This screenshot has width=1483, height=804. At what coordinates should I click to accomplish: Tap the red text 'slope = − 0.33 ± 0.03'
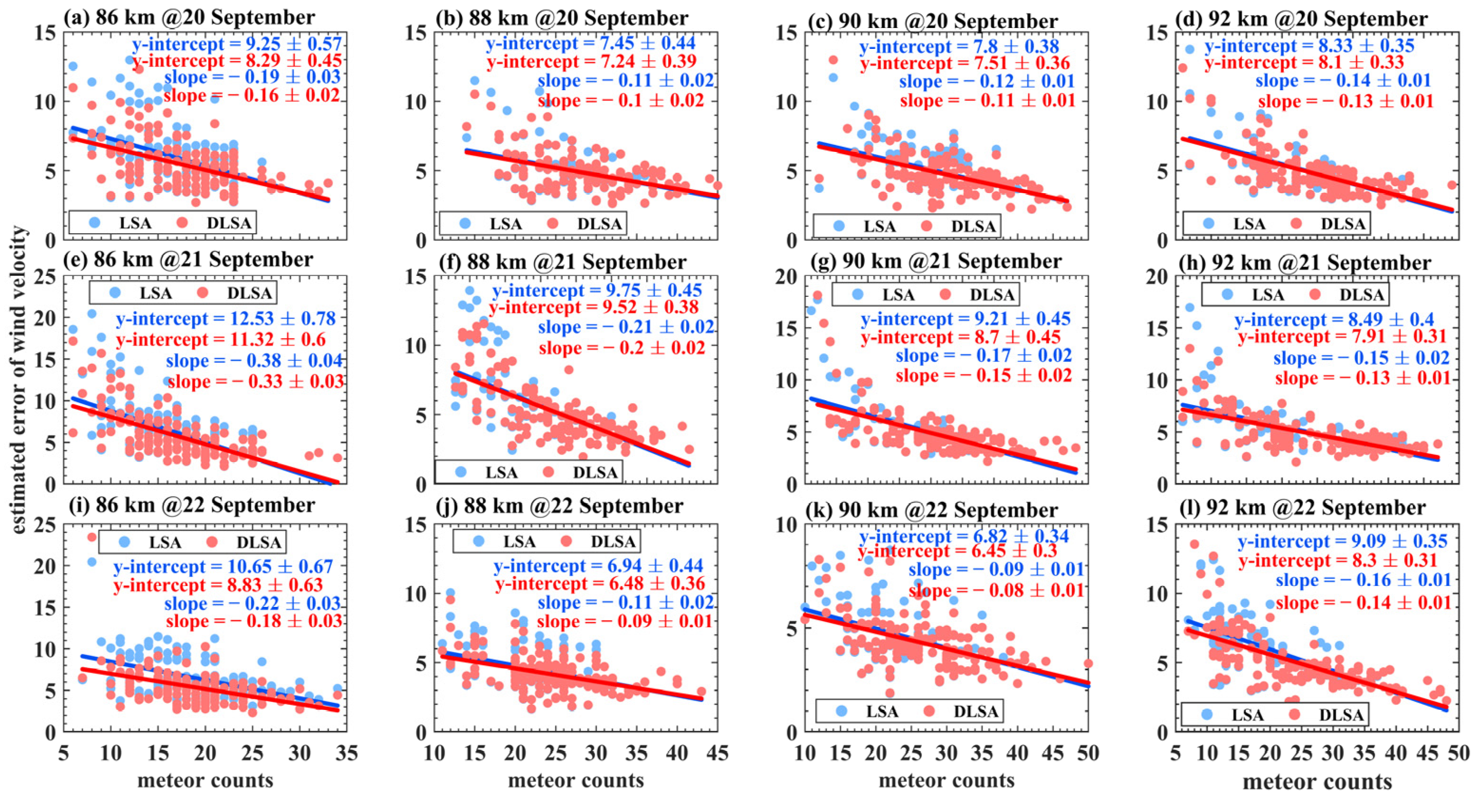[x=256, y=381]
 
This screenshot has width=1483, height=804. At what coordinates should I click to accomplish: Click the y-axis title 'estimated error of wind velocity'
[x=19, y=380]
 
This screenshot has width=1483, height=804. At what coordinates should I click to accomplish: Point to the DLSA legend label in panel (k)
[x=976, y=712]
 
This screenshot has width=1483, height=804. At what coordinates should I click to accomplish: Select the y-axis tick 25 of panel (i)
[x=46, y=525]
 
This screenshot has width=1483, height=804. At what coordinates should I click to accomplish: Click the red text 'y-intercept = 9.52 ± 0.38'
[x=594, y=308]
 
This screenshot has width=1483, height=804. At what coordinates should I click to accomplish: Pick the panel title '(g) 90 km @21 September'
[x=935, y=262]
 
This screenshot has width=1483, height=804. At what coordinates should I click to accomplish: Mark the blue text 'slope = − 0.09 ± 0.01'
[x=996, y=570]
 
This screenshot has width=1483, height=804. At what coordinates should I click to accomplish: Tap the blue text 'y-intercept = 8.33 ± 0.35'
[x=1309, y=46]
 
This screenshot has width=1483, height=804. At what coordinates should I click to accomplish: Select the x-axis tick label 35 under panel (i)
[x=346, y=753]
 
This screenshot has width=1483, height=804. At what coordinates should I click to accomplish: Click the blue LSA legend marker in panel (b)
[x=465, y=223]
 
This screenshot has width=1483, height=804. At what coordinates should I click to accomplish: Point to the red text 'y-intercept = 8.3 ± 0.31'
[x=1338, y=560]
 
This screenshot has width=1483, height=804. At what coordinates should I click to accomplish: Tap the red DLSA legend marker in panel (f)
[x=549, y=473]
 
